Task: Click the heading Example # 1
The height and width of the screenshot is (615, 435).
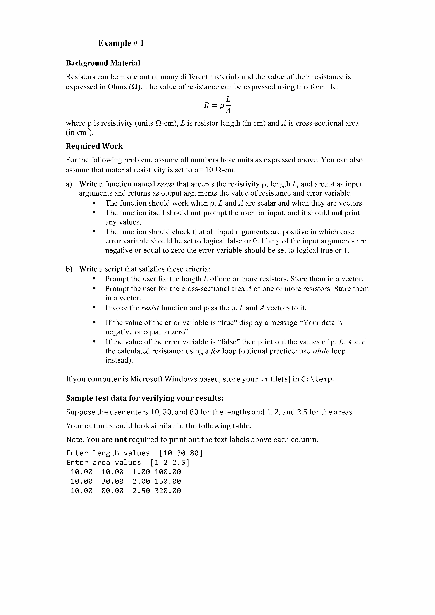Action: coord(121,43)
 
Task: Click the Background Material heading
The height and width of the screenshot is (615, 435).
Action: coord(103,63)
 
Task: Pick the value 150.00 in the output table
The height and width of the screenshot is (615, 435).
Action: coord(168,481)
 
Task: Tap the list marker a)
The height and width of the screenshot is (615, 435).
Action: coord(69,184)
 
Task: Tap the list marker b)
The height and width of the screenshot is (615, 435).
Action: coord(69,269)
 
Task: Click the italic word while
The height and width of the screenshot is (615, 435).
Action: coord(321,351)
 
